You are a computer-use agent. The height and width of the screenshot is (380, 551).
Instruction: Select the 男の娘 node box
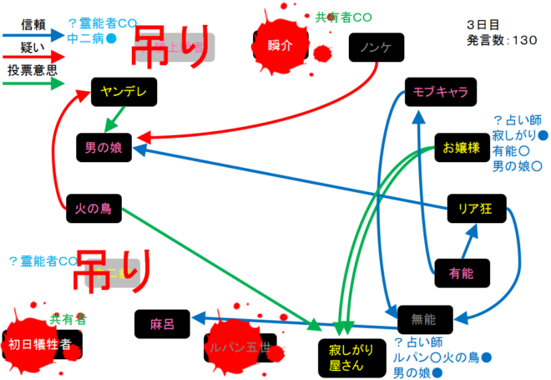point(104,147)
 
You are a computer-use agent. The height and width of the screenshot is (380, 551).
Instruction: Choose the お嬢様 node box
point(461,148)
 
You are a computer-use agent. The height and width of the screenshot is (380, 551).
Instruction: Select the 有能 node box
point(461,271)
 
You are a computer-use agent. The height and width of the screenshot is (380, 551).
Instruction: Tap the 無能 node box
point(425,318)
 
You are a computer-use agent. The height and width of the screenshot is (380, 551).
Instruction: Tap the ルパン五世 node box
point(241,348)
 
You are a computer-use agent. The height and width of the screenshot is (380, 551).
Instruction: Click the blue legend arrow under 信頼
point(33,35)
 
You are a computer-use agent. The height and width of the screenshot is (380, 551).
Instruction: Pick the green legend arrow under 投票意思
point(33,84)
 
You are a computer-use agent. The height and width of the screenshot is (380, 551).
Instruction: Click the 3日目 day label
point(483,25)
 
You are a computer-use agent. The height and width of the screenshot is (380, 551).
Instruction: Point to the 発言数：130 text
point(502,40)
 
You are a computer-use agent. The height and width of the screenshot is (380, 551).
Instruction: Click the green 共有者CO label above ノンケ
point(343,17)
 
